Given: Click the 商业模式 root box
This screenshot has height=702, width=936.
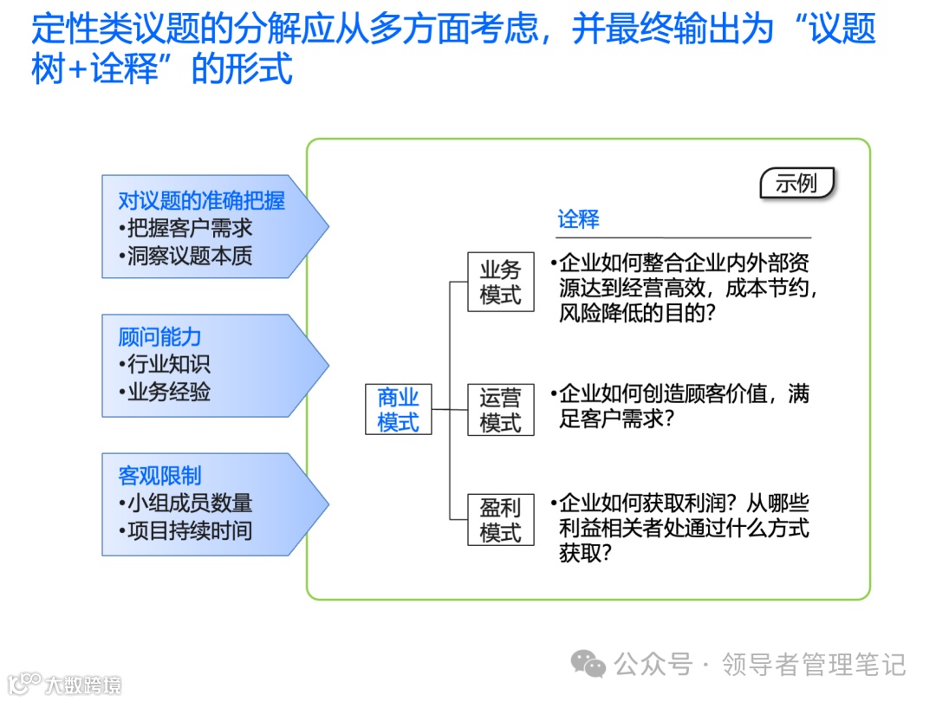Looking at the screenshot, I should coord(398,410).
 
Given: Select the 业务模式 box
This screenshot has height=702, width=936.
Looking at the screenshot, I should coord(500,283).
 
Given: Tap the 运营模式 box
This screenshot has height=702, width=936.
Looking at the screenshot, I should coord(500,410).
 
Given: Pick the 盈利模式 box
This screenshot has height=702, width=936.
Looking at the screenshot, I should coord(500,519).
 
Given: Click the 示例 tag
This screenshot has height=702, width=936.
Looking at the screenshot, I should coord(796,184).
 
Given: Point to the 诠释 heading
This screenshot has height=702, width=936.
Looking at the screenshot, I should coord(578,219).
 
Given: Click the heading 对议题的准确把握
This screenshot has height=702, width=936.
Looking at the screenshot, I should coord(201,201).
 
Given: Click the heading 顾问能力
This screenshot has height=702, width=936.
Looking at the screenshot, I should coord(159,337).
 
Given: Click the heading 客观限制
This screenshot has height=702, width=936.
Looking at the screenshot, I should coord(159,475).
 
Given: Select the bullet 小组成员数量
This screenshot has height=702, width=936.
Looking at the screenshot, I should coord(185,503).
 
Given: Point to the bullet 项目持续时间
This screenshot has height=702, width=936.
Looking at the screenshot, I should coord(185,530).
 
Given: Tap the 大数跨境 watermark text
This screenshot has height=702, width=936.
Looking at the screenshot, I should coord(83,685).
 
